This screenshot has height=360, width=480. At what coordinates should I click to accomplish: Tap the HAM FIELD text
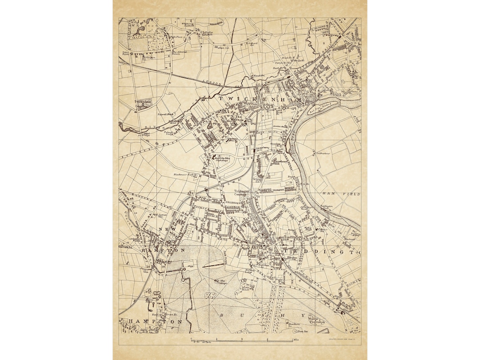(x=345, y=194)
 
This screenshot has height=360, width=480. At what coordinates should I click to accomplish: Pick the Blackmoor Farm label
(x=184, y=175)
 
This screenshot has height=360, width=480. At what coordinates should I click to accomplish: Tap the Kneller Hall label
(x=208, y=32)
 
